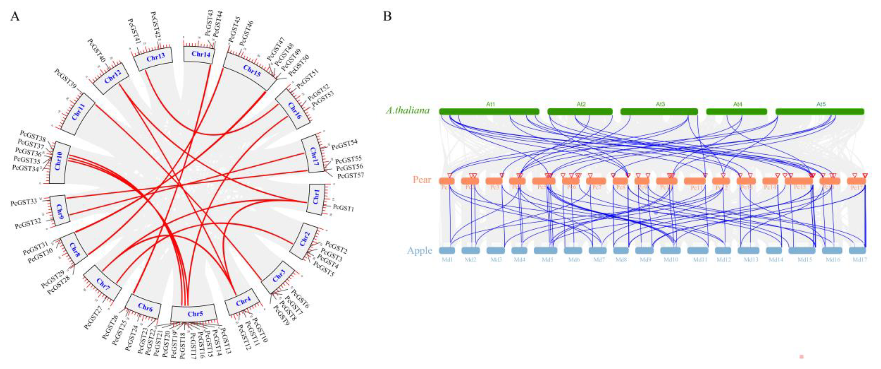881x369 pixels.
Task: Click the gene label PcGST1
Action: point(343,208)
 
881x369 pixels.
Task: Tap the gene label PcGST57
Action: point(350,176)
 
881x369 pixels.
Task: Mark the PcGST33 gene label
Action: point(24,202)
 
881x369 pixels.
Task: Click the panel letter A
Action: point(15,16)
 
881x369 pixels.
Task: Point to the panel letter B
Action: point(387,16)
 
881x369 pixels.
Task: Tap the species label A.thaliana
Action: point(408,110)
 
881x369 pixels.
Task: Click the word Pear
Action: point(422,180)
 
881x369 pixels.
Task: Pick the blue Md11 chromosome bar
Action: point(699,251)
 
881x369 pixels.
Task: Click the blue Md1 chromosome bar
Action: point(447,251)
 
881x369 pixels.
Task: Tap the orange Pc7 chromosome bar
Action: point(596,181)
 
